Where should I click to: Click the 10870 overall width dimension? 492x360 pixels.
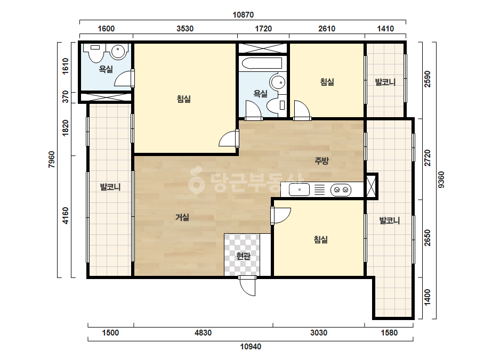tap(243, 15)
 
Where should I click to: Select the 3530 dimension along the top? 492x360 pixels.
tap(185, 29)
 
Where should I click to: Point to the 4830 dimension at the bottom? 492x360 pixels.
tap(203, 333)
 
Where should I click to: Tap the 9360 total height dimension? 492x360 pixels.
tap(441, 179)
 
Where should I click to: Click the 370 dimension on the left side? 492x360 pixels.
tap(65, 96)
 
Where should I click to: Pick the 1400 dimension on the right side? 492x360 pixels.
tap(427, 297)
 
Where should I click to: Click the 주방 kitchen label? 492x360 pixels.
tap(321, 161)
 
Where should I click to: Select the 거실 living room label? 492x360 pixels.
tap(182, 217)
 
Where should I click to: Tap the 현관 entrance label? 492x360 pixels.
tap(243, 256)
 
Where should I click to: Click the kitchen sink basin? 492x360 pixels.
tap(299, 190)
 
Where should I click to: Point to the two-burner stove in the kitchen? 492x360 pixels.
tap(341, 190)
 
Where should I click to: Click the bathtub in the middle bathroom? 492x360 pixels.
tap(262, 63)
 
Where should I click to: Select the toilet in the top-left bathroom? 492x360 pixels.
tap(95, 52)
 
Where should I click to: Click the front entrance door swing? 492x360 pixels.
tap(247, 285)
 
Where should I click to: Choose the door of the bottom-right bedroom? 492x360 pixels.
tap(280, 216)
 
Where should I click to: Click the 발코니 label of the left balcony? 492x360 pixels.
tap(110, 187)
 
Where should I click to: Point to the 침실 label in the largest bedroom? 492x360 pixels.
tap(184, 99)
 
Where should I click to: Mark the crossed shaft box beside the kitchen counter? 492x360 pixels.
tap(372, 186)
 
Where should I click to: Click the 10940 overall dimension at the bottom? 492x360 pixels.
tap(251, 347)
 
